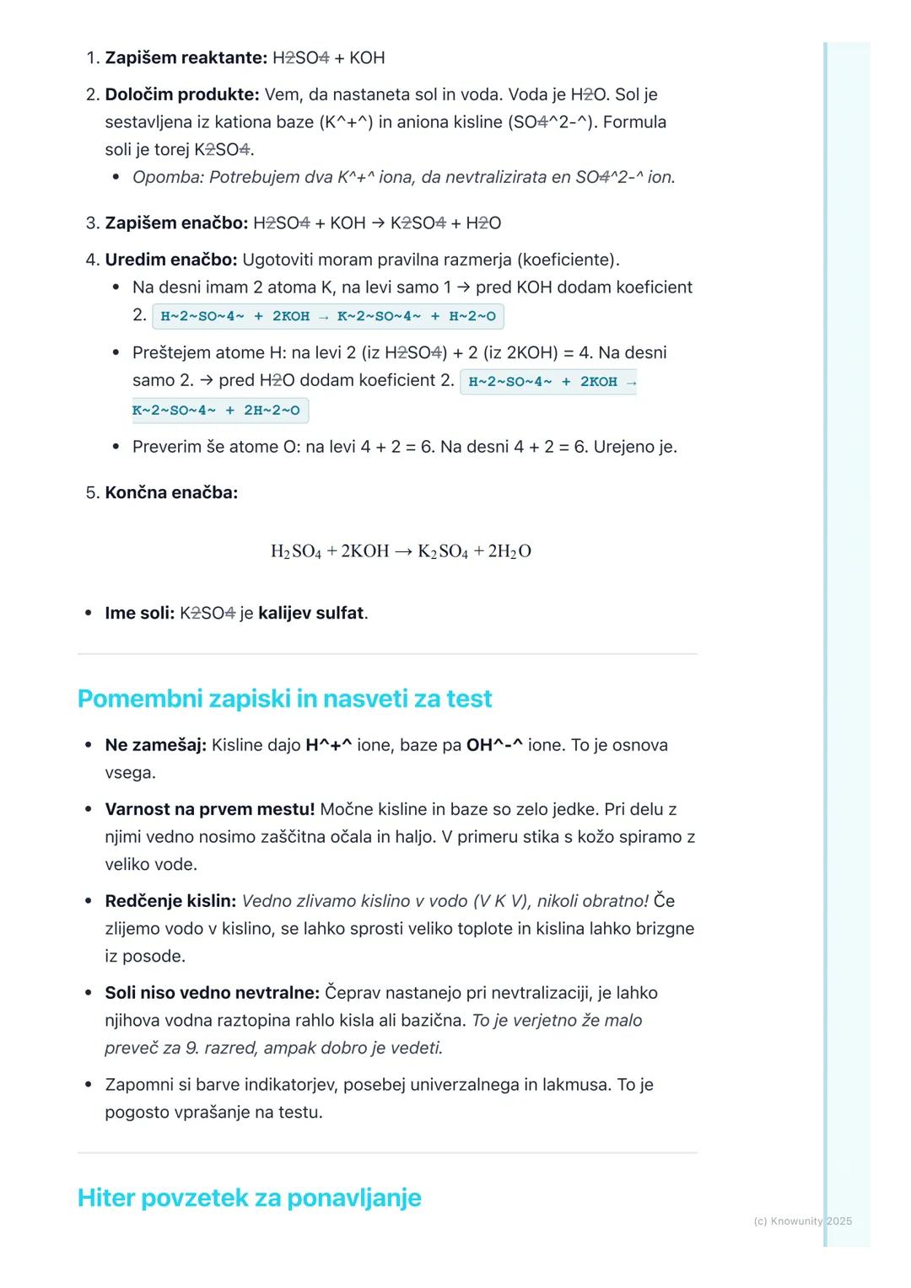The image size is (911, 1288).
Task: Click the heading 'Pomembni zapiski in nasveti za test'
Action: (284, 699)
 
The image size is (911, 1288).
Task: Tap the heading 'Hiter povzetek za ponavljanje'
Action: (249, 1198)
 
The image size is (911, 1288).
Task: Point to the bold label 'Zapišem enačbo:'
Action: (176, 223)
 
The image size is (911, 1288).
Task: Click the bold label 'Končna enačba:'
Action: (171, 492)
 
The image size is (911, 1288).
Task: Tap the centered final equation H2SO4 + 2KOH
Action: (401, 551)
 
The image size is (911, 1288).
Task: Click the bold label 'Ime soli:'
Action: (139, 613)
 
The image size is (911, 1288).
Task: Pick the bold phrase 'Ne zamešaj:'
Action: (155, 745)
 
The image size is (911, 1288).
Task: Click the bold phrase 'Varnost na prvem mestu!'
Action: (209, 809)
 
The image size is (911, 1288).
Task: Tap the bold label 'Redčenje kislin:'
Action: (170, 901)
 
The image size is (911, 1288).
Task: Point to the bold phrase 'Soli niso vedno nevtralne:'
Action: (212, 993)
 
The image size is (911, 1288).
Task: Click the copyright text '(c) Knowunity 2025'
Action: (802, 1221)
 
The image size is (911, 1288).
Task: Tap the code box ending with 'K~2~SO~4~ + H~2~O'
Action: (328, 316)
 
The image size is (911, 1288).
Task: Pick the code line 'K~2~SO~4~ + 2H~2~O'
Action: (217, 411)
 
